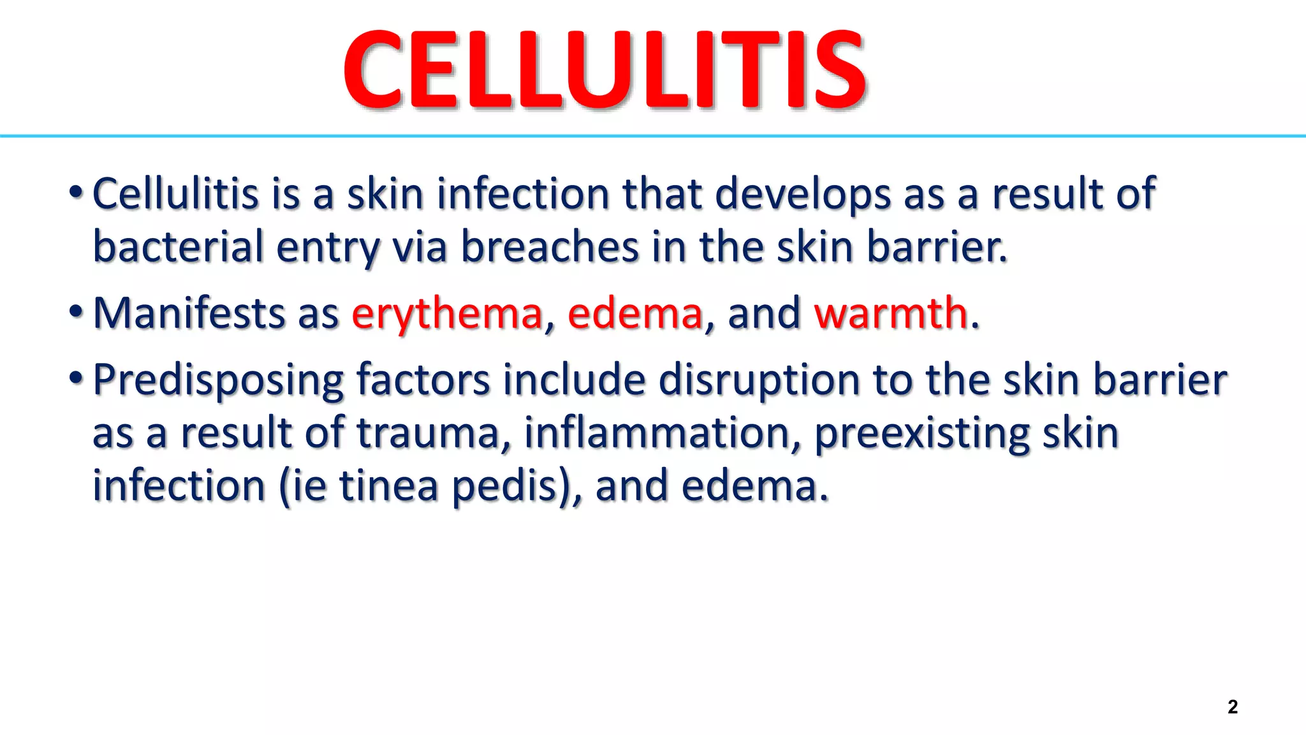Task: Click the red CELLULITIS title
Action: (605, 70)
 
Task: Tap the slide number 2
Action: (1232, 707)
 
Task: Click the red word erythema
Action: (446, 313)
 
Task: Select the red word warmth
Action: (891, 313)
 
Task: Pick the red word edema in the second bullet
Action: (635, 313)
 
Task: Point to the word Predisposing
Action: (218, 381)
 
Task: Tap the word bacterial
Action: (178, 247)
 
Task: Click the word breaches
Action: (550, 247)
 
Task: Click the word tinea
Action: (388, 486)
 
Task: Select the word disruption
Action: (759, 381)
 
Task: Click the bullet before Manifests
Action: (76, 312)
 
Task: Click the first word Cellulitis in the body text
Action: (175, 194)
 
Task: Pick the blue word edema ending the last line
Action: (754, 486)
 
